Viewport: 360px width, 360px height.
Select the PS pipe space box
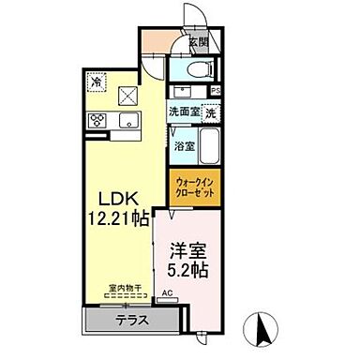[217, 92]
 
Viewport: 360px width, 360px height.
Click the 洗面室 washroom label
[184, 112]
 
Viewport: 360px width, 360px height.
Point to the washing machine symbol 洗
[213, 112]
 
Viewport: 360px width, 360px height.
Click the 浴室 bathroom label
[183, 146]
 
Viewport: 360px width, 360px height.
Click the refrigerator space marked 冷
[97, 82]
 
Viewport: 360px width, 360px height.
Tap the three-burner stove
[97, 120]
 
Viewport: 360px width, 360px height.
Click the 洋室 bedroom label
[187, 251]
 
